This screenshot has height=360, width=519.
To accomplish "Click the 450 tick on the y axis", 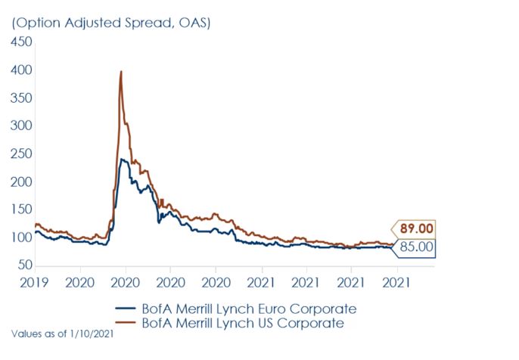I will pos(21,42).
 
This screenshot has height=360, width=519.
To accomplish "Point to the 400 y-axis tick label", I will pos(21,70).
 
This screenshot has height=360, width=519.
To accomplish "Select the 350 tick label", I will pos(21,98).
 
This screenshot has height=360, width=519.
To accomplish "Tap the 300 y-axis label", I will pos(21,126).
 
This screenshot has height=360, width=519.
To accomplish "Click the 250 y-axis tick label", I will pos(21,154).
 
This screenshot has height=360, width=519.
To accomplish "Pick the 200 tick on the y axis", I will pos(21,182).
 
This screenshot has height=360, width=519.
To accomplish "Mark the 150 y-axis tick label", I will pos(21,209).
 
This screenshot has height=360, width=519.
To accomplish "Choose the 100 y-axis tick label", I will pos(21,237).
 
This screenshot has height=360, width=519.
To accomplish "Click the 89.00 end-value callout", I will pos(415,228).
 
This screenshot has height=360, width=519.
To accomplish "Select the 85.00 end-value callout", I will pos(415,246).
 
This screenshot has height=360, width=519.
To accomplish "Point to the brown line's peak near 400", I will pos(121,72).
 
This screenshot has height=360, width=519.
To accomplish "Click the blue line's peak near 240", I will pos(122,160).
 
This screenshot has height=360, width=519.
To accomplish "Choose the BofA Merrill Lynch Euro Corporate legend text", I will pos(247,309).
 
